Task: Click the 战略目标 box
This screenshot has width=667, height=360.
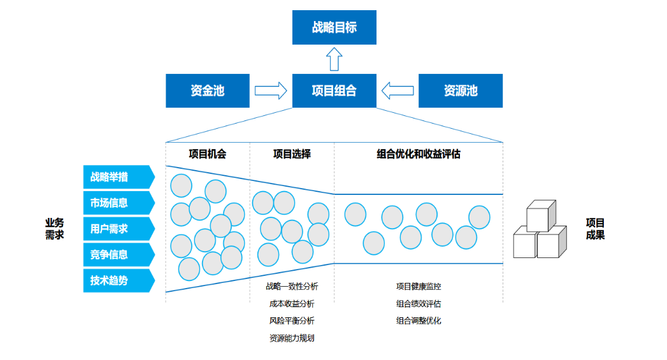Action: (x=334, y=27)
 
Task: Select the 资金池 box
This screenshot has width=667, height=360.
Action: (x=208, y=90)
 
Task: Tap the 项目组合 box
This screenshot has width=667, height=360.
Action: (x=334, y=90)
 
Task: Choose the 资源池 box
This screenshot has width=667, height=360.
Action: (x=460, y=90)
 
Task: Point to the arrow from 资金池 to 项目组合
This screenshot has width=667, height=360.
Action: (x=271, y=90)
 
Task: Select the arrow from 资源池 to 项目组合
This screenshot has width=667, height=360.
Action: (x=397, y=90)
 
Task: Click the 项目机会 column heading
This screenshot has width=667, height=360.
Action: (x=208, y=154)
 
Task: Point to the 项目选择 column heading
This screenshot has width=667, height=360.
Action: (x=292, y=154)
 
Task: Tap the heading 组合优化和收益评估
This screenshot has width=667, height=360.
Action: (x=419, y=154)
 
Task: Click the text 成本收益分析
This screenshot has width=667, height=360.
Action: (x=292, y=304)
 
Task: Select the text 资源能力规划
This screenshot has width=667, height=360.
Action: (x=292, y=338)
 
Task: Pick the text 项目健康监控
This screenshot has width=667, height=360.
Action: (x=419, y=287)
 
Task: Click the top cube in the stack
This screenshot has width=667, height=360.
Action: (x=541, y=216)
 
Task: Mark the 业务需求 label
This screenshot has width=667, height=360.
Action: (x=55, y=229)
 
